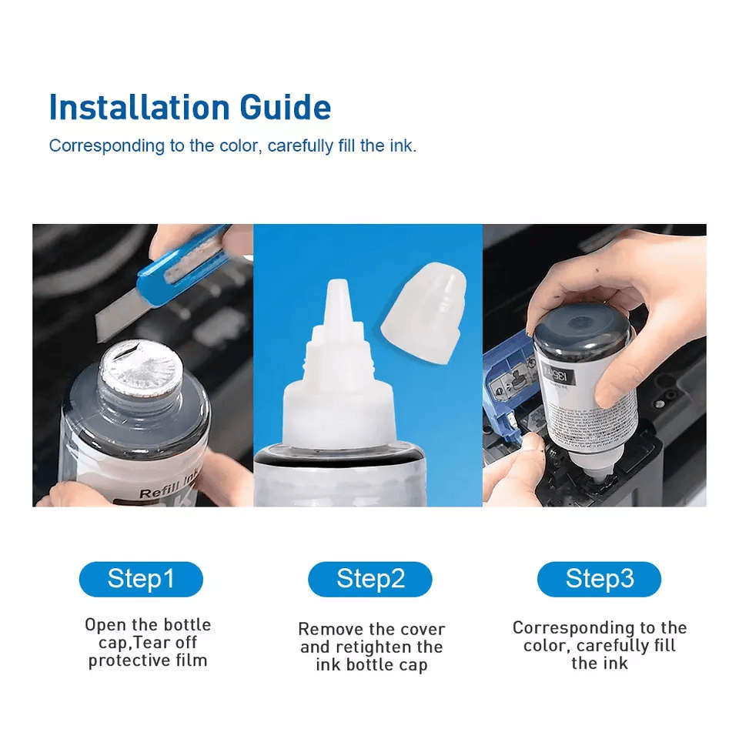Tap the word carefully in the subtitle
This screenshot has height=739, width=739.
pyautogui.click(x=302, y=145)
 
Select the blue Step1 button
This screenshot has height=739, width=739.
pyautogui.click(x=141, y=579)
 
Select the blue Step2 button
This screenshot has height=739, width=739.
pyautogui.click(x=370, y=579)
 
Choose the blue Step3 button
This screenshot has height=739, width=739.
pyautogui.click(x=599, y=579)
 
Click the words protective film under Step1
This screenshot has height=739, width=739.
pyautogui.click(x=148, y=660)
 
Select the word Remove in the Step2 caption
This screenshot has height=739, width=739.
pyautogui.click(x=326, y=629)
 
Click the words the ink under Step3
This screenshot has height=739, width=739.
pyautogui.click(x=599, y=663)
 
